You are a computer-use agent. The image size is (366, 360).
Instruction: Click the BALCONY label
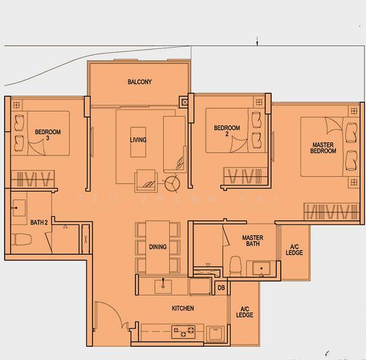coord(139,82)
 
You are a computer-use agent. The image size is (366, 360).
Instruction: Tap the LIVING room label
coord(138,140)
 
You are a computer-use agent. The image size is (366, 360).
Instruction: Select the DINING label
coord(158,247)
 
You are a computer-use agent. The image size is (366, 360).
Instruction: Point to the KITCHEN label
coord(182,308)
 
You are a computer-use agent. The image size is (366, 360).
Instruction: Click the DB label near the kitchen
coord(221,288)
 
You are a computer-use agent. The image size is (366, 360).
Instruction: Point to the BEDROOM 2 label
coord(227,131)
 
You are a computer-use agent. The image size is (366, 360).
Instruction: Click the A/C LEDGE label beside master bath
coord(294,250)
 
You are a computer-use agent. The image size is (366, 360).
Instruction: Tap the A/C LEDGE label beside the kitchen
coord(244,311)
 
